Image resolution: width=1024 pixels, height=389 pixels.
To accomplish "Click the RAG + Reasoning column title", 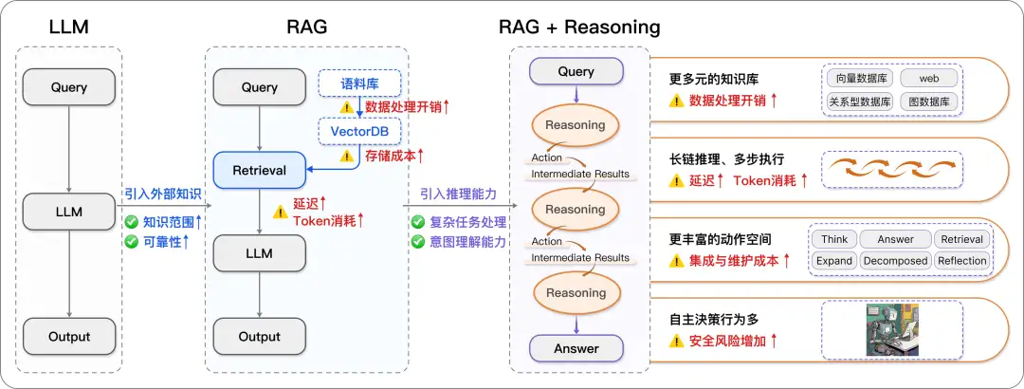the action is coord(579,27).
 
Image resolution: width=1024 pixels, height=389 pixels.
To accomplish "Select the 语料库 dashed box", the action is coord(360,83).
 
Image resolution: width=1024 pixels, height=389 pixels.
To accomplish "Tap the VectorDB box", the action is coord(359,131).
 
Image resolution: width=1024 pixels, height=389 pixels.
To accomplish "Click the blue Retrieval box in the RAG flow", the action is coord(260,171).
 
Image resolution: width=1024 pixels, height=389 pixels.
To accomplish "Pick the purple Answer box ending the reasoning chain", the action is coord(576,348).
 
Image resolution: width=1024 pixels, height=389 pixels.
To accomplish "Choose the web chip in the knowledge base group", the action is coord(928,79).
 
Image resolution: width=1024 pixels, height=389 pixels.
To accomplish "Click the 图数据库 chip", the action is coord(928,102).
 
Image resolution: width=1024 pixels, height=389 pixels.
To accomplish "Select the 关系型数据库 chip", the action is coord(859,102).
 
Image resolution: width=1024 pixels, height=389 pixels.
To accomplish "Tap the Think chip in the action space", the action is coord(834,239).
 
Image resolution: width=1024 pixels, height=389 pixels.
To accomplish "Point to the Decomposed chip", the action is coord(895,261).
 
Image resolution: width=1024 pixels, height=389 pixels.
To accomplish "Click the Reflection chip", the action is coord(962,261).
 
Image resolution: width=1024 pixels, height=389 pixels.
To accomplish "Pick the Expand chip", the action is coord(834,261).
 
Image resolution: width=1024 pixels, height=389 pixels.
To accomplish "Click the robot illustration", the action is coord(892,329).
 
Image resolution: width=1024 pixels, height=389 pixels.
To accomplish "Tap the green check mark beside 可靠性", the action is coord(131,242).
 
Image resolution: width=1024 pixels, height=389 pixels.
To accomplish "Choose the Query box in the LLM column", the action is coord(68,87).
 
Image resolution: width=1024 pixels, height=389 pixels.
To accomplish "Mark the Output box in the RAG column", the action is coord(259,337).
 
